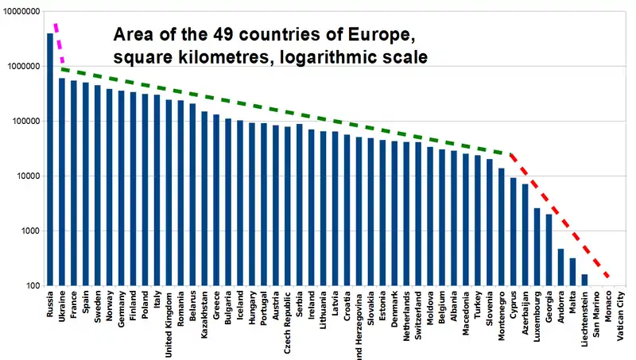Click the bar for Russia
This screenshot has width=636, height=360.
pos(50,159)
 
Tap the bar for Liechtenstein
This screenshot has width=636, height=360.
pos(584,280)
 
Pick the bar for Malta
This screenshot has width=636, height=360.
pos(572,272)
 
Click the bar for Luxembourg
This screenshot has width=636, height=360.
pos(537,246)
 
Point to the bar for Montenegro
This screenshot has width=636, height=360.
pos(501,226)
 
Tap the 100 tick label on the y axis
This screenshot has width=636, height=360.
pos(33,286)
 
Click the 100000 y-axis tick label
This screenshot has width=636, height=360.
pos(26,122)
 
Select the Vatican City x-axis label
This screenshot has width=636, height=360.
pos(621,317)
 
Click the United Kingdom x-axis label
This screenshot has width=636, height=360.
pos(169,326)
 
